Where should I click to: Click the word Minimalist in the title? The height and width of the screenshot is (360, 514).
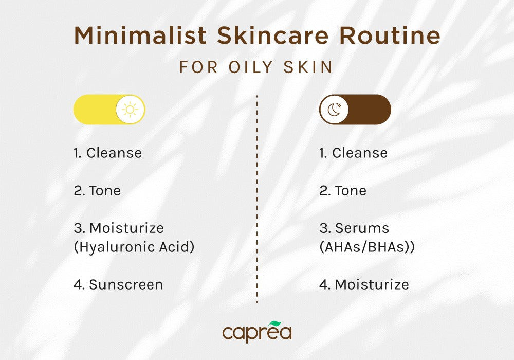(x=140, y=36)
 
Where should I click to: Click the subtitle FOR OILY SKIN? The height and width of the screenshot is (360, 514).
(x=256, y=67)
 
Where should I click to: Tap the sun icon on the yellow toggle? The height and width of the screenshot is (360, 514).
(x=130, y=110)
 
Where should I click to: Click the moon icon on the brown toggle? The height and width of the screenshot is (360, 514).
(x=334, y=110)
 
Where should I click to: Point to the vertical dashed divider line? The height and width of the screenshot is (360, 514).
(x=256, y=206)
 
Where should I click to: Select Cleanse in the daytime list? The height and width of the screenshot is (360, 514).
(x=114, y=153)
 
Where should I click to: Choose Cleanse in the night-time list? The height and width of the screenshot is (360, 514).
(x=359, y=153)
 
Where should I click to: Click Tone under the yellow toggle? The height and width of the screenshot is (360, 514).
(x=105, y=190)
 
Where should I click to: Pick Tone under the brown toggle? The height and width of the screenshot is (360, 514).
(x=351, y=190)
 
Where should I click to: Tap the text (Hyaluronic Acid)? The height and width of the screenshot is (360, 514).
(x=134, y=247)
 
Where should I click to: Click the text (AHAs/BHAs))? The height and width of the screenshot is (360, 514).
(x=367, y=247)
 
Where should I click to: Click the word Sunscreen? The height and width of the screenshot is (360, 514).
(x=125, y=284)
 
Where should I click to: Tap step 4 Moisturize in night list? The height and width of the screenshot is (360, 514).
(x=372, y=284)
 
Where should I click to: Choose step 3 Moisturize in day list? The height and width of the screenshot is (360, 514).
(x=126, y=228)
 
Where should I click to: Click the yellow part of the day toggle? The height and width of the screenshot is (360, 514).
(x=95, y=110)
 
